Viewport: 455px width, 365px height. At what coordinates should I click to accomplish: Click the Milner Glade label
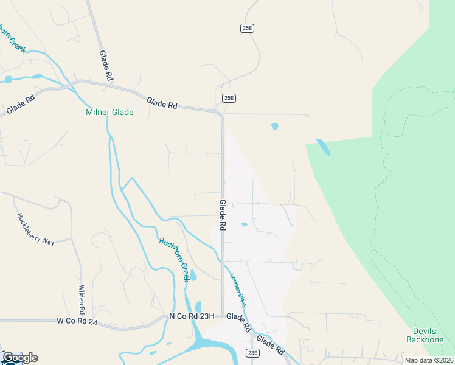coord(109,113)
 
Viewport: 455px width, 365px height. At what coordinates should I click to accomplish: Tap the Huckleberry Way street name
coord(35,229)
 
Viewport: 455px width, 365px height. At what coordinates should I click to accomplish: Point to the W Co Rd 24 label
coord(77,321)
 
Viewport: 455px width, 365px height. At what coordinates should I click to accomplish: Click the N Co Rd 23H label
coord(192,316)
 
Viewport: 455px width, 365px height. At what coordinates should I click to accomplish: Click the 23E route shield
coord(253,353)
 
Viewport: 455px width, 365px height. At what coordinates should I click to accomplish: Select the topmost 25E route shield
coord(246,28)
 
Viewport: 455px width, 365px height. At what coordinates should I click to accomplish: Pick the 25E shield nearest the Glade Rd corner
coord(228,97)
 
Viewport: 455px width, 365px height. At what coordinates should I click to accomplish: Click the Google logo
coord(20,358)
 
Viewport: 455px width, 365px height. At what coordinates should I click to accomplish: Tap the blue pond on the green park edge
coord(323,147)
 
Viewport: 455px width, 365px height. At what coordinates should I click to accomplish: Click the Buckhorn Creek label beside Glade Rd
coord(174,259)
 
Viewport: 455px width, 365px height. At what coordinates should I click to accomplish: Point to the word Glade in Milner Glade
coord(122,113)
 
